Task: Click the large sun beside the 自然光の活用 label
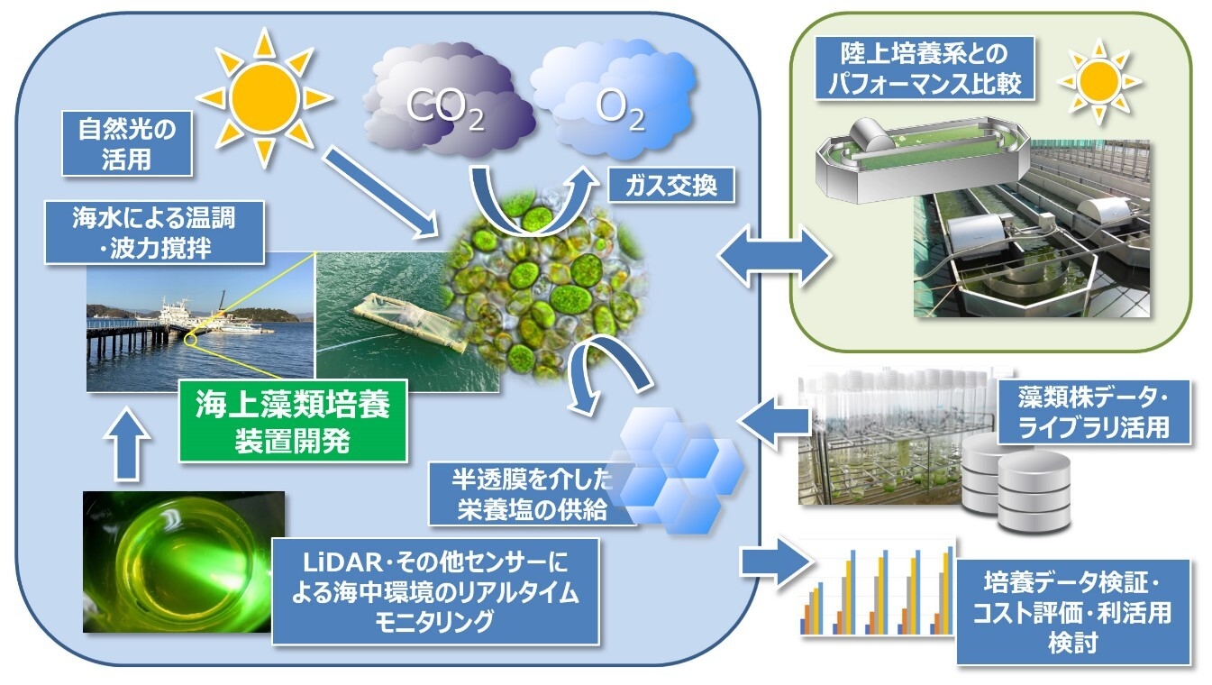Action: (x=264, y=97)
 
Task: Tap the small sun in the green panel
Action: (x=1099, y=82)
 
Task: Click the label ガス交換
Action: (x=671, y=186)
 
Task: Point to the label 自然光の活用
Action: (x=127, y=144)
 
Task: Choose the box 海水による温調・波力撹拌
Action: (x=154, y=233)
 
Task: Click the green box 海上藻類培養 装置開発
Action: (x=293, y=422)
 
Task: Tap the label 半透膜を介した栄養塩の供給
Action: (x=532, y=493)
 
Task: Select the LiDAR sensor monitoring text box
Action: (x=435, y=591)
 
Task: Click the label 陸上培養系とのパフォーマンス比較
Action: (x=925, y=68)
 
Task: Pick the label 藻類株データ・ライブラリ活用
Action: (x=1094, y=412)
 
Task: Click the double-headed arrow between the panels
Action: (x=774, y=255)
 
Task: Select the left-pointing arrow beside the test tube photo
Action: (x=775, y=420)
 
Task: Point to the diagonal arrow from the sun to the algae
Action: (x=381, y=193)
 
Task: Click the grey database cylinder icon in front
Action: (x=1034, y=492)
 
